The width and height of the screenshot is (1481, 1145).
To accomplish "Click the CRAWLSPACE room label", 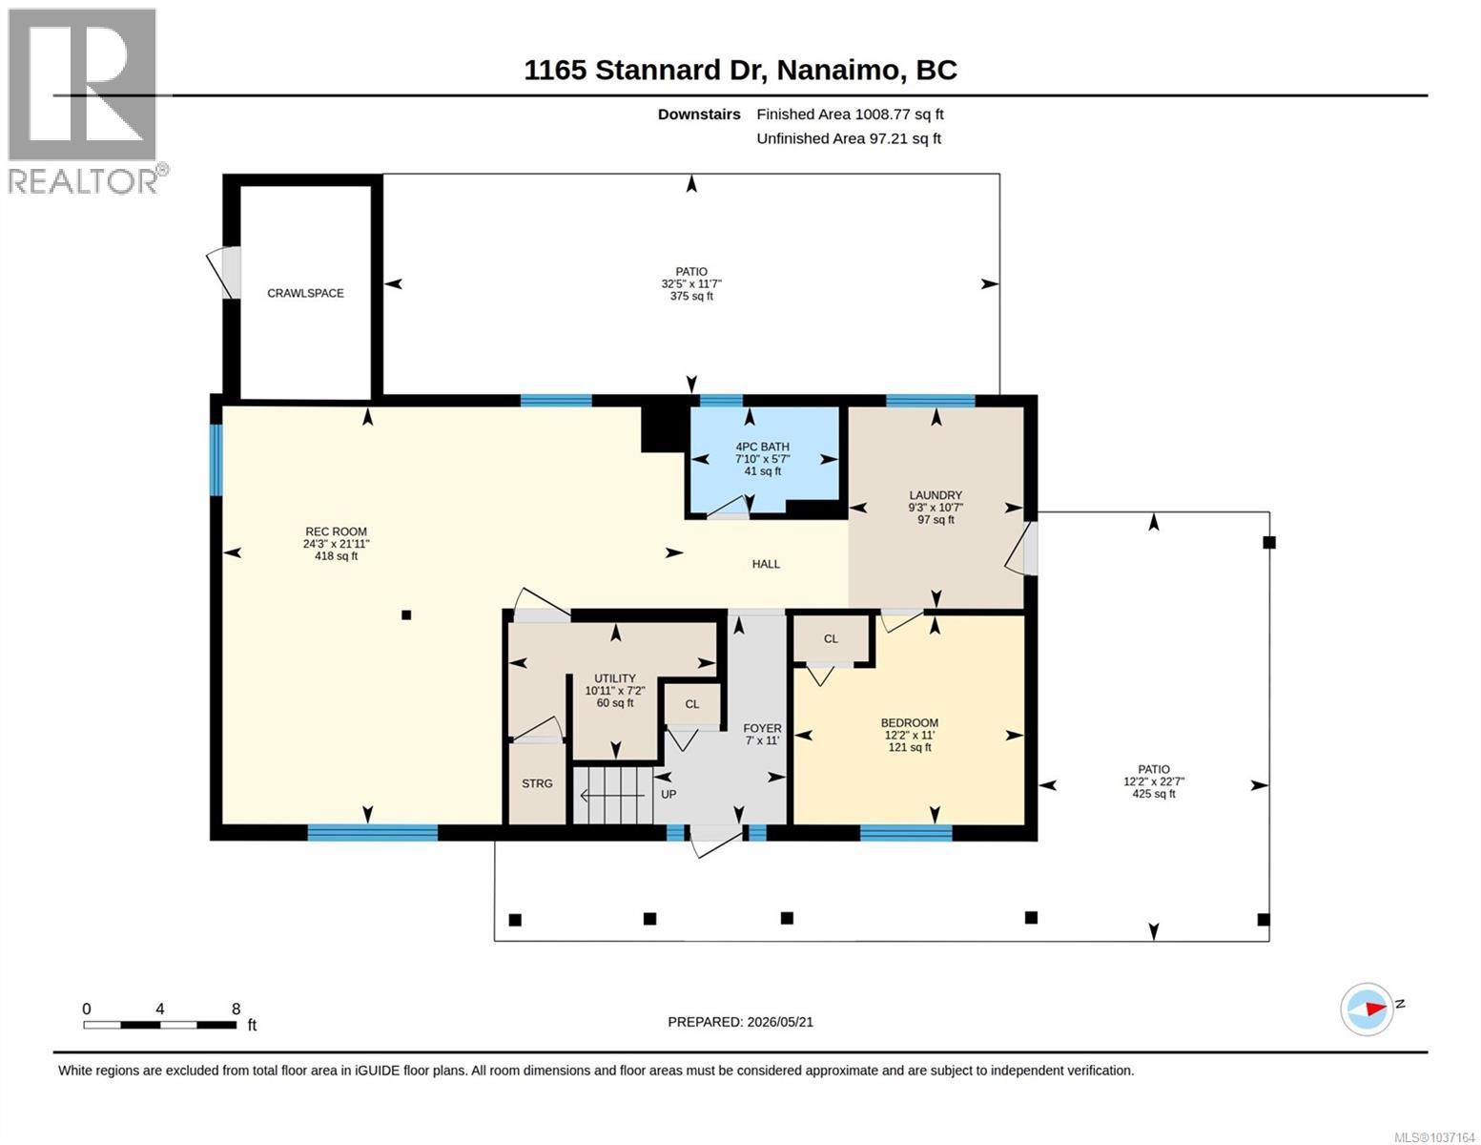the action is tap(305, 293).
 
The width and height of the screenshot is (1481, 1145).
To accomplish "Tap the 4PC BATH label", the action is tap(762, 447).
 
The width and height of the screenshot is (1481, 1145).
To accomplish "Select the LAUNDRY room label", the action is tap(936, 495).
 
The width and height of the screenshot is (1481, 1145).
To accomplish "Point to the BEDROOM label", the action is tap(909, 723).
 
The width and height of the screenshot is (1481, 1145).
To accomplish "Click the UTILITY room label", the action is tap(615, 678).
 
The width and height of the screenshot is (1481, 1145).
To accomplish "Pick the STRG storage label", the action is tap(537, 783).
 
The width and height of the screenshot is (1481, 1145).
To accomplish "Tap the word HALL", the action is tap(766, 564).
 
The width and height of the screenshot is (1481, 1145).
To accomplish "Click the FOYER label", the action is tap(762, 728).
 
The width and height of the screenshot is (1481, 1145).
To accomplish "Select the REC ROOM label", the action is tap(336, 531).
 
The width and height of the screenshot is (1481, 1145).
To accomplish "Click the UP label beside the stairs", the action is tap(669, 795).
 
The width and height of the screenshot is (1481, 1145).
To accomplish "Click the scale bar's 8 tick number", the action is tap(236, 1010).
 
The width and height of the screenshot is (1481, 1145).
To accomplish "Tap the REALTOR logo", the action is tap(85, 101).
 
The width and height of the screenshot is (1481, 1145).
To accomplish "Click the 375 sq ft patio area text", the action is tap(691, 296).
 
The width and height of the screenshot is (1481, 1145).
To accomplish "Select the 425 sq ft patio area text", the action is tap(1153, 794).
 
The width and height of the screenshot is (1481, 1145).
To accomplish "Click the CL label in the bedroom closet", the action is tap(830, 639).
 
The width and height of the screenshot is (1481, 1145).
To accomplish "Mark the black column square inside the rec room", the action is tap(406, 615).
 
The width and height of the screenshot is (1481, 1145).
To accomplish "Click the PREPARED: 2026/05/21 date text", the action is tap(740, 1022).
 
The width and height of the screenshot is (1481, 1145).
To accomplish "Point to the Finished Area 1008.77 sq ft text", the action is tap(850, 114).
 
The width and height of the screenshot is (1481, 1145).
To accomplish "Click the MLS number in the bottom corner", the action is tap(1434, 1137).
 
